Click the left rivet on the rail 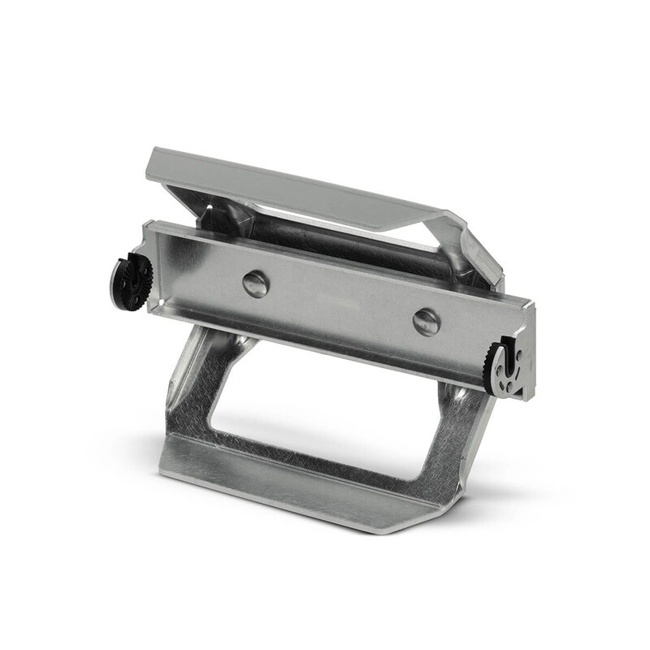(x=256, y=284)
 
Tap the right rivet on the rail (x=426, y=321)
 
